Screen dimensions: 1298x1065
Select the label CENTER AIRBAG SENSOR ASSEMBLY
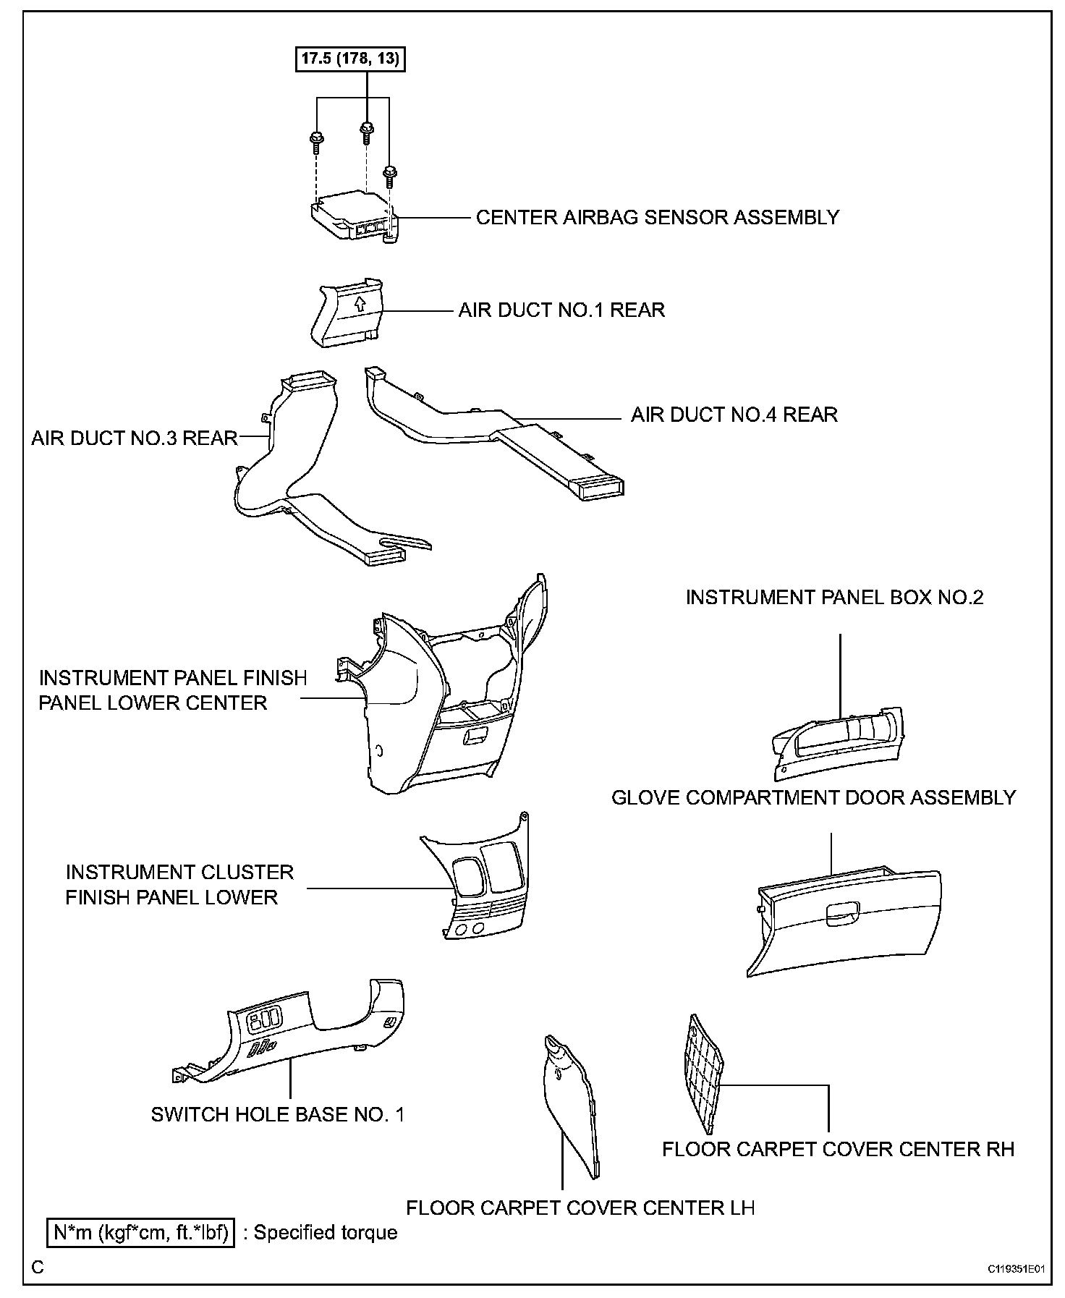(657, 217)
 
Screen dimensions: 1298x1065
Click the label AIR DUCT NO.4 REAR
(734, 415)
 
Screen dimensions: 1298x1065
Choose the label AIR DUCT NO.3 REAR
(135, 438)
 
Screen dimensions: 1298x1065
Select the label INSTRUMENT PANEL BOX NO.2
(834, 598)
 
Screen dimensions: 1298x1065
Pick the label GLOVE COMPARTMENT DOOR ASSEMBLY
(813, 797)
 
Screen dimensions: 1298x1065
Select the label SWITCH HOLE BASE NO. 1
(278, 1114)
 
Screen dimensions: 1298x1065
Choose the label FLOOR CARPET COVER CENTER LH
(580, 1208)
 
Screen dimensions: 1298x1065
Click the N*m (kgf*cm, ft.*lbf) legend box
(141, 1233)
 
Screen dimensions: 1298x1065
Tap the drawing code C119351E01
(1017, 1268)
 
